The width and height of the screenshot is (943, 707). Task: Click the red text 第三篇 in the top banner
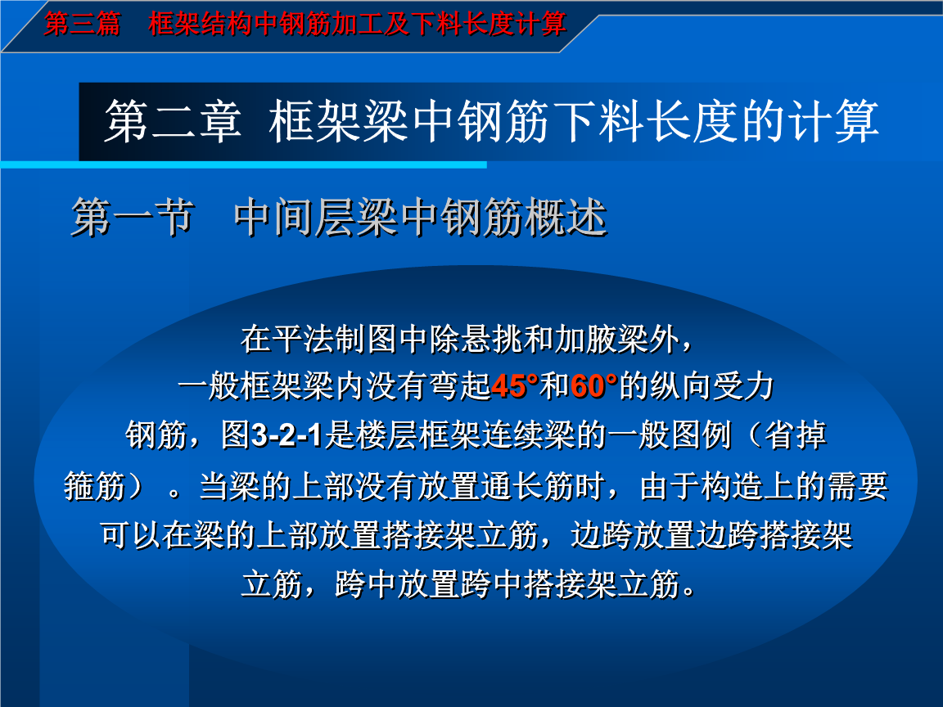[81, 24]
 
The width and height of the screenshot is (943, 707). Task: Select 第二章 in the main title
[172, 123]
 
